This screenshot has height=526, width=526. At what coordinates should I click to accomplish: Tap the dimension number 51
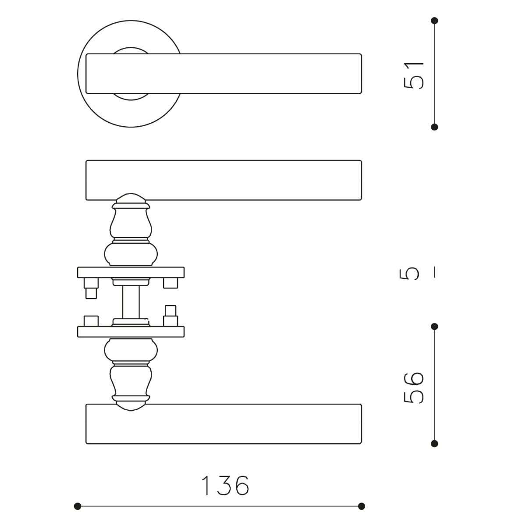tap(414, 75)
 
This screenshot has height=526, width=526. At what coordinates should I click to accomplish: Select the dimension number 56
tap(414, 387)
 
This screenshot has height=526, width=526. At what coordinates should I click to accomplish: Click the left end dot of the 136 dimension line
tap(78, 506)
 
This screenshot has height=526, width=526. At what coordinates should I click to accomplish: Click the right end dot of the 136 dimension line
tap(361, 506)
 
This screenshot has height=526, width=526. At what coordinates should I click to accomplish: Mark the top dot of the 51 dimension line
tap(434, 21)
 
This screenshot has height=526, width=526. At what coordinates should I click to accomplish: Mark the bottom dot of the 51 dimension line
tap(434, 127)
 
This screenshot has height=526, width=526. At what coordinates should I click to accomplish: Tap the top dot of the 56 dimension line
tap(434, 327)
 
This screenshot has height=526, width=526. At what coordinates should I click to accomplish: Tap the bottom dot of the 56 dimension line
tap(434, 444)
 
